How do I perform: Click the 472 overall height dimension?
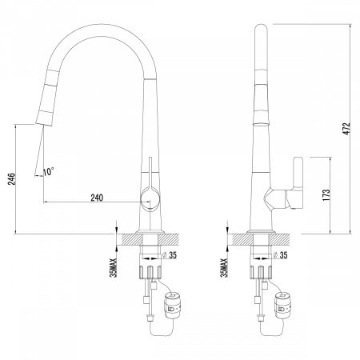[x=346, y=129]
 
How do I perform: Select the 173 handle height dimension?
[x=326, y=195]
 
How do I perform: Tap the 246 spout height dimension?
[x=12, y=179]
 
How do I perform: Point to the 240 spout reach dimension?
[x=97, y=198]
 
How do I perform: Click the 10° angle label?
[x=49, y=171]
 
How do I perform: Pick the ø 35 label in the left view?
[x=170, y=255]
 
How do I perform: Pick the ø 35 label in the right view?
[x=281, y=255]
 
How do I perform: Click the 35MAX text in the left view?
[x=114, y=268]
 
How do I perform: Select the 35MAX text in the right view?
[x=225, y=268]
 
